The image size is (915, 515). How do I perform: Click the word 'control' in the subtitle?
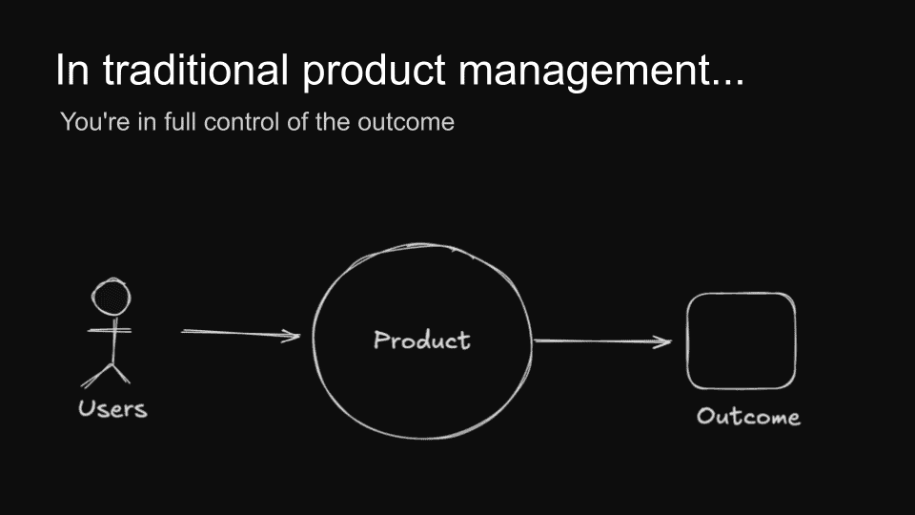pyautogui.click(x=233, y=123)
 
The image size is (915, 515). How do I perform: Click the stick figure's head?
pyautogui.click(x=112, y=297)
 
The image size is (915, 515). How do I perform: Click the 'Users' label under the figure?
pyautogui.click(x=112, y=410)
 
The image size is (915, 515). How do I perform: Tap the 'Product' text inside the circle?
pyautogui.click(x=421, y=340)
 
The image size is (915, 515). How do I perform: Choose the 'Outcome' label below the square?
pyautogui.click(x=748, y=417)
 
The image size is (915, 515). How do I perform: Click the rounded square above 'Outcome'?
pyautogui.click(x=741, y=341)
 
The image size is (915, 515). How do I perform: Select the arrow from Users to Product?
pyautogui.click(x=238, y=333)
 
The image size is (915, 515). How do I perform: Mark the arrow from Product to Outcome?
pyautogui.click(x=600, y=341)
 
